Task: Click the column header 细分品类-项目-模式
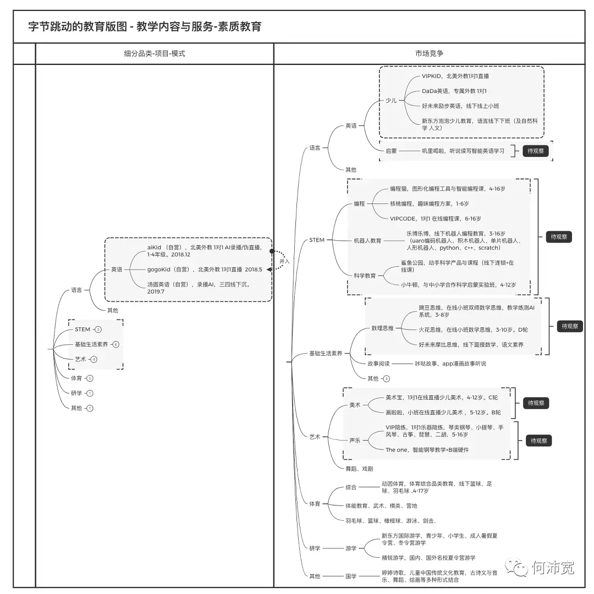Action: (155, 53)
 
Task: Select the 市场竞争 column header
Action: (429, 53)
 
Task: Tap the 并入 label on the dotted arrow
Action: (284, 261)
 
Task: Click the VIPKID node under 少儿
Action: (455, 76)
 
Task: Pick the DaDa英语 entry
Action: (454, 91)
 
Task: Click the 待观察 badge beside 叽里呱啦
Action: (536, 151)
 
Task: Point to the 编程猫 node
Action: (447, 189)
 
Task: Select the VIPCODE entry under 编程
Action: (435, 218)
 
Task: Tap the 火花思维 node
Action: (472, 329)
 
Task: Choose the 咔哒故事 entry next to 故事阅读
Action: (450, 364)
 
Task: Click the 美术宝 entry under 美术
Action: (441, 397)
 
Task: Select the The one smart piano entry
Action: (427, 450)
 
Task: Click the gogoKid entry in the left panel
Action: (205, 269)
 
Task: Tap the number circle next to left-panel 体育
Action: (90, 378)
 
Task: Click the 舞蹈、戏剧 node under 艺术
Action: (359, 469)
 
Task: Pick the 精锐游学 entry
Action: (428, 558)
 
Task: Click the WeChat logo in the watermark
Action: (517, 567)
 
